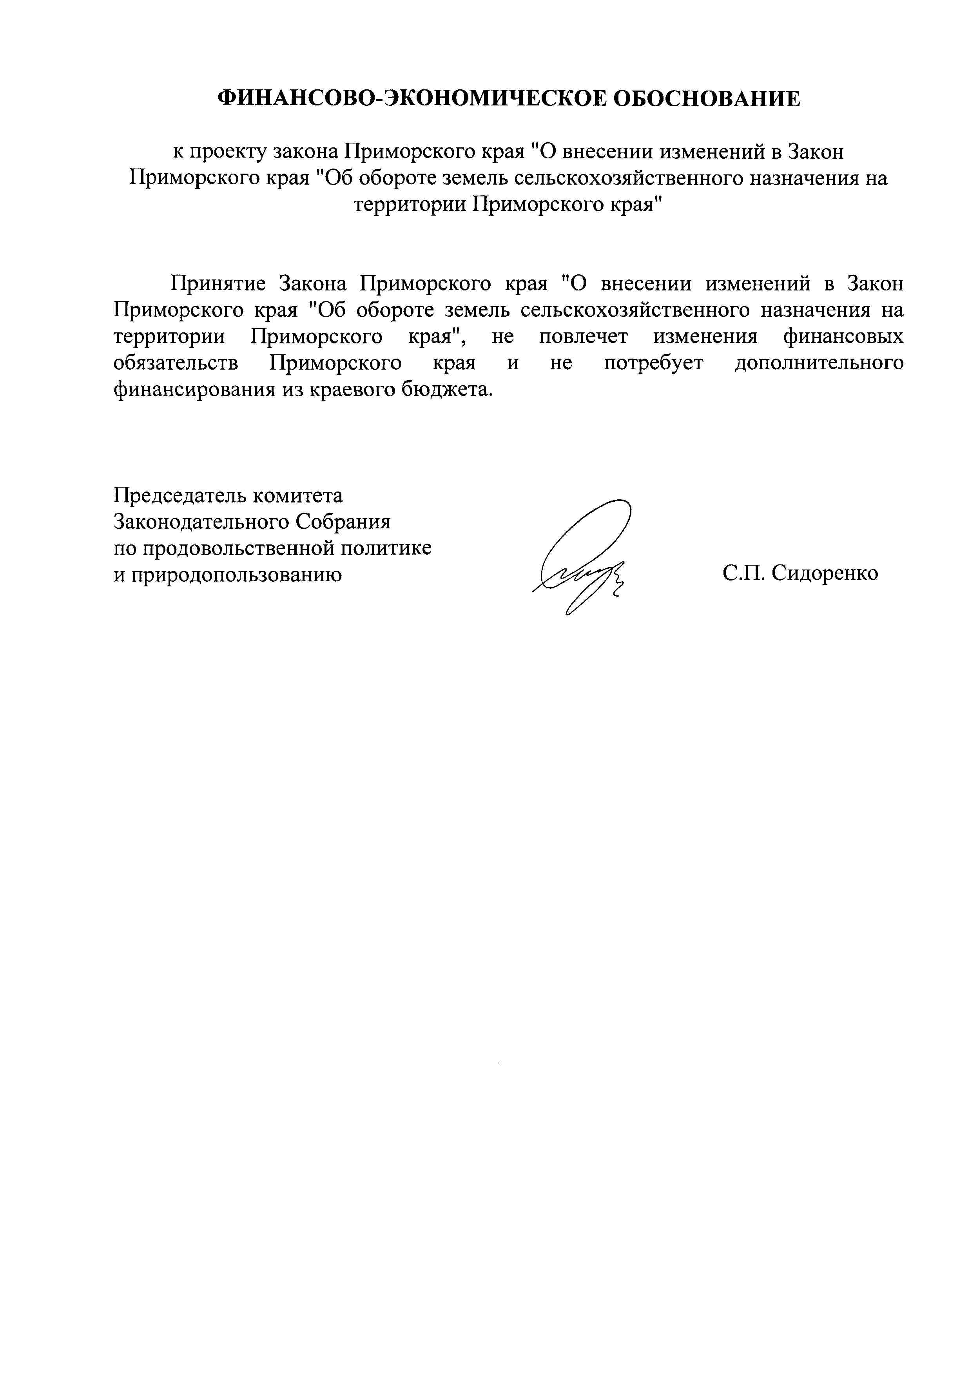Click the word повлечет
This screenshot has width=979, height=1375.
(x=583, y=336)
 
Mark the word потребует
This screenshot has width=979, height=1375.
(x=653, y=363)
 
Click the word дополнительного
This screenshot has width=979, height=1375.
(x=819, y=363)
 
